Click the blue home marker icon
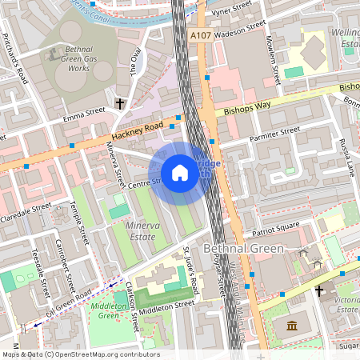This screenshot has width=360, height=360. tap(180, 173)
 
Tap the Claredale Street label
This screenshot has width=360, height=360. tap(25, 210)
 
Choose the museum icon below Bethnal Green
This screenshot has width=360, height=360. tap(291, 326)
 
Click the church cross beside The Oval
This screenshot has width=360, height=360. tap(121, 103)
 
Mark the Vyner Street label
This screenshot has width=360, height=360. tap(232, 14)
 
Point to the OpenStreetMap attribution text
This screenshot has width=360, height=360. tap(81, 354)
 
